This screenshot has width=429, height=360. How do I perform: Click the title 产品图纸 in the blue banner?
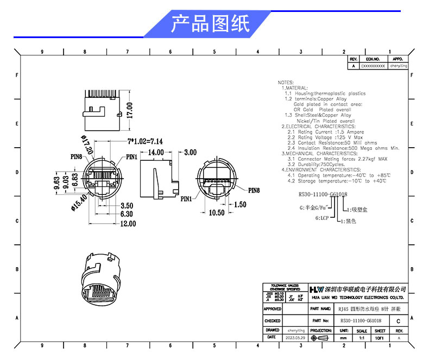(x=210, y=24)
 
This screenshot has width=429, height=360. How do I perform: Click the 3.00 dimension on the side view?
(x=190, y=153)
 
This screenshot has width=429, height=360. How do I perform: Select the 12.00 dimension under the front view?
(x=128, y=224)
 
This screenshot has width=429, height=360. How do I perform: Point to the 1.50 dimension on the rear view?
(x=240, y=205)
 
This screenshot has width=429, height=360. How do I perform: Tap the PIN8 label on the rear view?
(x=254, y=191)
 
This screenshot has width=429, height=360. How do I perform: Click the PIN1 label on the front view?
(x=131, y=157)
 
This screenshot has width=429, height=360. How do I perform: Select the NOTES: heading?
(x=285, y=82)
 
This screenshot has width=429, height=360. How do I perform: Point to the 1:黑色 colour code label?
(x=349, y=221)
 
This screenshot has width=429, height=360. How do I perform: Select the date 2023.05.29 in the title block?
(x=296, y=338)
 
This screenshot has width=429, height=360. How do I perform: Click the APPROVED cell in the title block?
(x=273, y=308)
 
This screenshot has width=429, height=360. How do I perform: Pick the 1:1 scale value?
(x=361, y=338)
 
